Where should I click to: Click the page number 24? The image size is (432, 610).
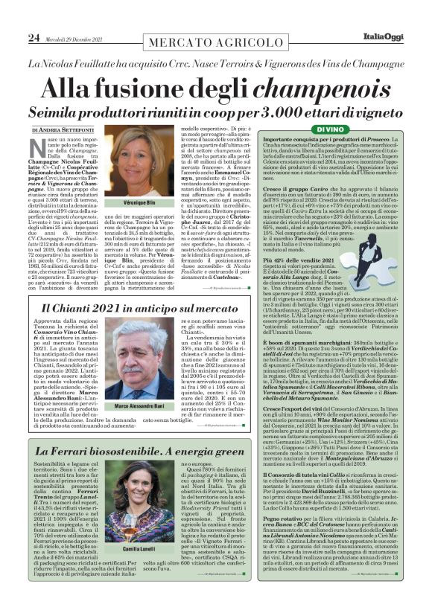point(34,37)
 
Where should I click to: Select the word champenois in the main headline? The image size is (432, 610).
point(299,88)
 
